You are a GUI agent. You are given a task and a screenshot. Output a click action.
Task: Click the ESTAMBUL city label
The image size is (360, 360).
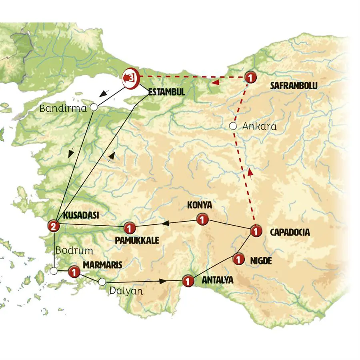tap(166, 92)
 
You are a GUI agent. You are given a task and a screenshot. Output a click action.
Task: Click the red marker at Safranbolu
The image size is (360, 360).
tap(250, 77)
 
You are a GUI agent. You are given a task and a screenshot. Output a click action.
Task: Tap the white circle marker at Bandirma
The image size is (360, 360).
tap(94, 107)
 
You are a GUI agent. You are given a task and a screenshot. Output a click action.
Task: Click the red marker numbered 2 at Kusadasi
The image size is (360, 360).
tap(53, 226)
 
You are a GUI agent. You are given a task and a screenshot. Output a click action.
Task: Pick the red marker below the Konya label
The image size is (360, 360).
tap(202, 219)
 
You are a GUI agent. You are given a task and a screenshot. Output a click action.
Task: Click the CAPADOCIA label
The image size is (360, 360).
tap(290, 232)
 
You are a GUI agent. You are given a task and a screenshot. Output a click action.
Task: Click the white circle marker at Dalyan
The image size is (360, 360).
tap(102, 282)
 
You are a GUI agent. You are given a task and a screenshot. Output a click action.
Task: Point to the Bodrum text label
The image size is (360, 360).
tap(74, 251)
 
